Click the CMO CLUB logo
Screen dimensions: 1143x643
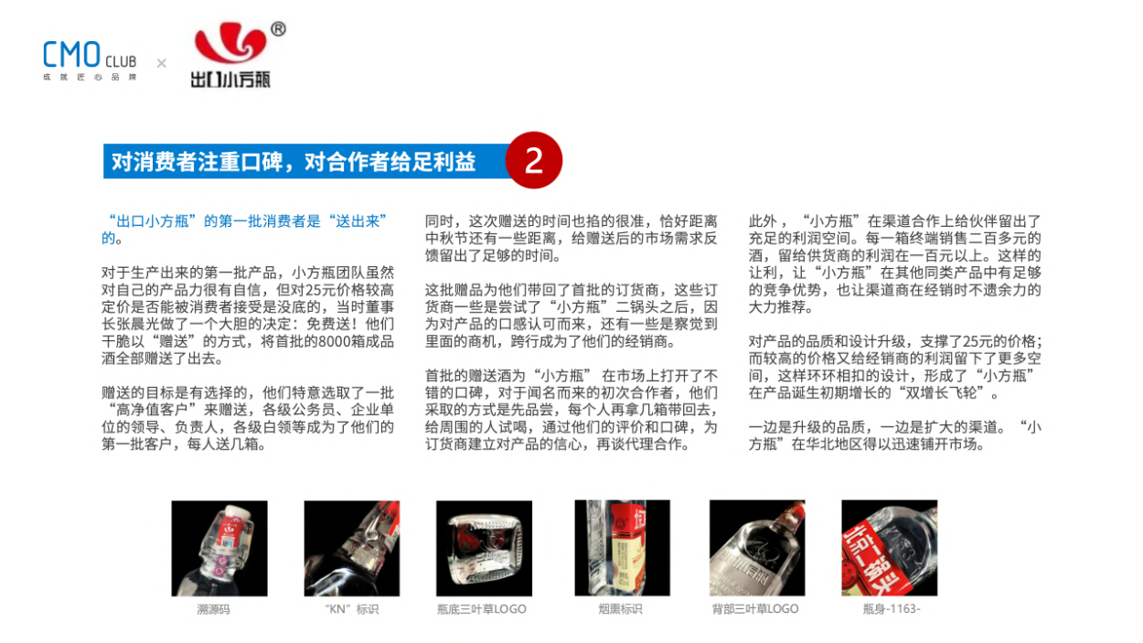click(90, 60)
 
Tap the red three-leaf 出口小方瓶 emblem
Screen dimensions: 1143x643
click(230, 42)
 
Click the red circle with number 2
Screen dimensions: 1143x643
click(534, 160)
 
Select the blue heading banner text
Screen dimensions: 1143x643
click(294, 162)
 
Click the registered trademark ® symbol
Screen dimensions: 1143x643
click(278, 29)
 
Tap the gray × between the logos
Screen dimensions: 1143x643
click(161, 63)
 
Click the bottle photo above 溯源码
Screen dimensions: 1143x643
click(219, 548)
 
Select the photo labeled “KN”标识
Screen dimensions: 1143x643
click(352, 548)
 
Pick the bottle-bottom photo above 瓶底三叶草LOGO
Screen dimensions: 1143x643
click(484, 548)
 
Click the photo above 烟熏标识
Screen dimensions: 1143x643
click(622, 548)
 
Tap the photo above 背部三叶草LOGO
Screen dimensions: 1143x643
click(757, 548)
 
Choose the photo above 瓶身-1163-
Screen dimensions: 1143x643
click(890, 548)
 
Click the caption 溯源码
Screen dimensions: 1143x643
click(213, 609)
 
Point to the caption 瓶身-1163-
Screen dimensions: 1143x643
click(892, 609)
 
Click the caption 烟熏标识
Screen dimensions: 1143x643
click(620, 609)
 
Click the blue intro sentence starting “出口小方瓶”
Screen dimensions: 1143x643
click(244, 230)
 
